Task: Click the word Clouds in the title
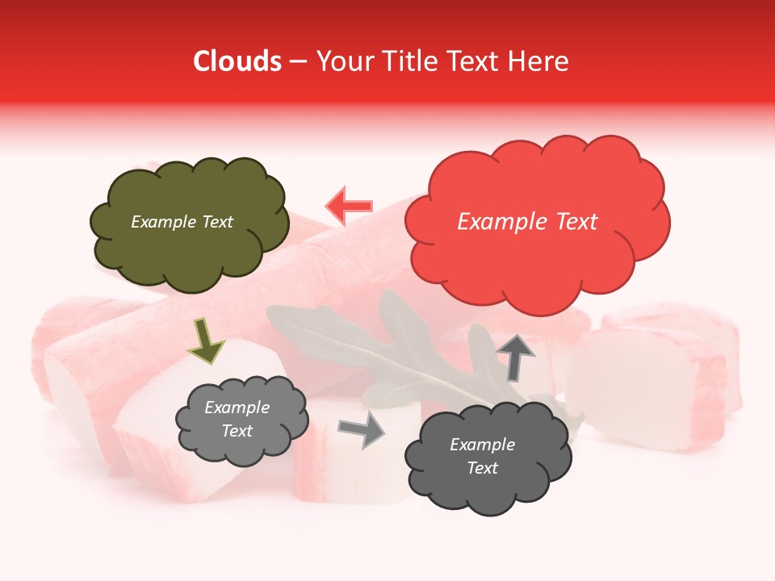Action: [x=237, y=61]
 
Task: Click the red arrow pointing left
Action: [x=349, y=205]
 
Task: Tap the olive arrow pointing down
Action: [x=207, y=339]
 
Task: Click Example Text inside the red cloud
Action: [x=527, y=222]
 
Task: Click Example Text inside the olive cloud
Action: [x=182, y=222]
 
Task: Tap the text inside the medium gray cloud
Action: [x=237, y=420]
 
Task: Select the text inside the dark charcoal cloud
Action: [x=482, y=456]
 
